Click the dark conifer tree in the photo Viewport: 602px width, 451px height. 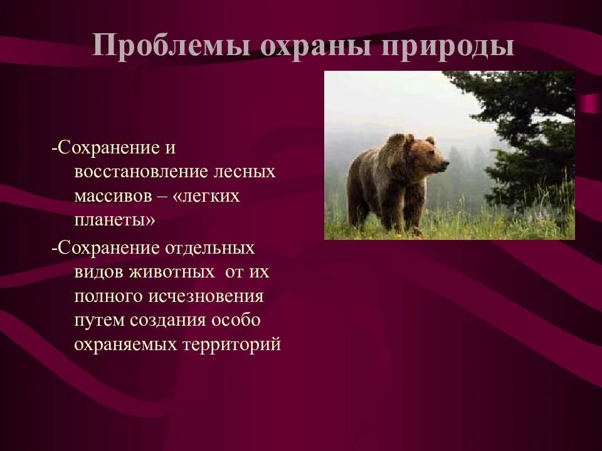pyautogui.click(x=527, y=138)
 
